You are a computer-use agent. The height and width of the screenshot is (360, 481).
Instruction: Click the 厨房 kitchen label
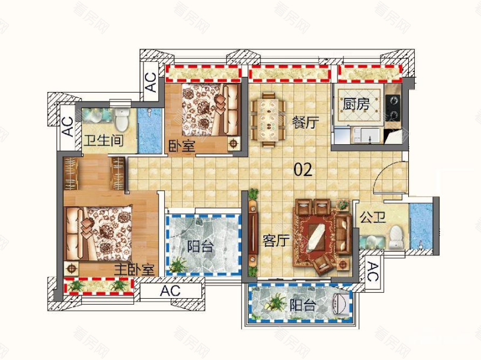click(356, 104)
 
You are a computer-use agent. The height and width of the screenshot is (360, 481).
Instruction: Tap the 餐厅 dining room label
click(305, 123)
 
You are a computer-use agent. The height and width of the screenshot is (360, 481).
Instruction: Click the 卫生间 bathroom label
click(103, 141)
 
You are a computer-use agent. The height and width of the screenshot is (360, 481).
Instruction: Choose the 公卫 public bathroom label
click(373, 218)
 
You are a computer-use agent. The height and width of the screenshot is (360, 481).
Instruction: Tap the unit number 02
click(303, 169)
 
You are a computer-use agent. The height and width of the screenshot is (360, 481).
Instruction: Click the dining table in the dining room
click(268, 120)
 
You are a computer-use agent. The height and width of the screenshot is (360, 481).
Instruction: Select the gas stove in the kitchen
click(393, 108)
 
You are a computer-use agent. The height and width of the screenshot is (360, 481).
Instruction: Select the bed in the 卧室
click(210, 110)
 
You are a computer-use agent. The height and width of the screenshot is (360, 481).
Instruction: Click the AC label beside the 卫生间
click(68, 127)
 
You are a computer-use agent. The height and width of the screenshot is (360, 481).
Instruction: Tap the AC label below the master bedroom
click(170, 291)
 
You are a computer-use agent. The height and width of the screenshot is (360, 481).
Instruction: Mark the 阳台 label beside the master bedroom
click(200, 246)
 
